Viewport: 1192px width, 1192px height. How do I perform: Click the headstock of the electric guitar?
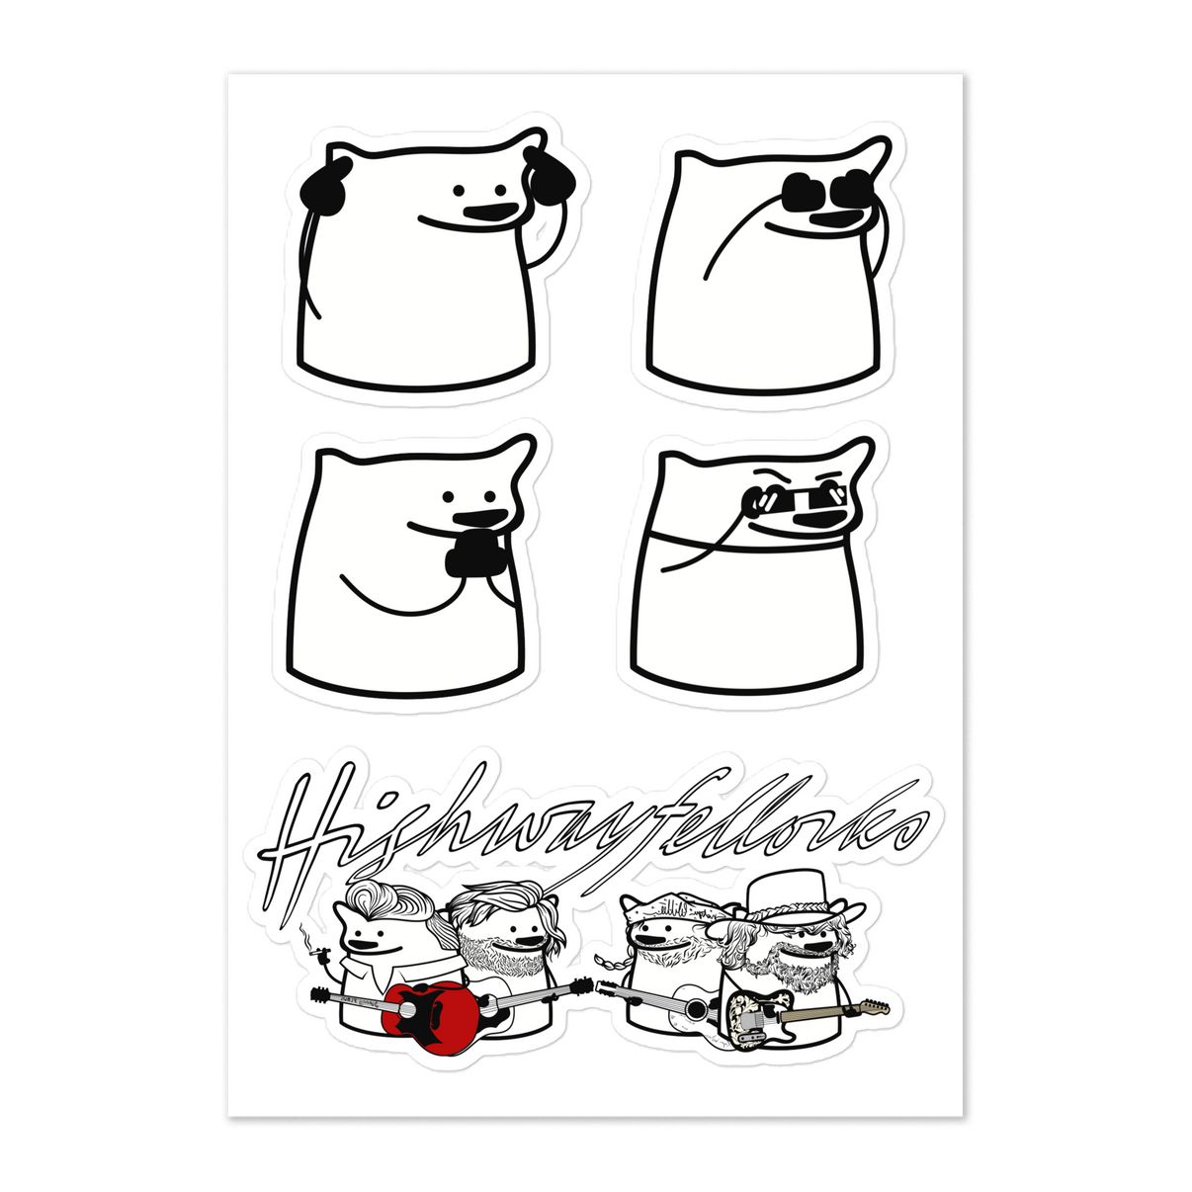[x=872, y=1009]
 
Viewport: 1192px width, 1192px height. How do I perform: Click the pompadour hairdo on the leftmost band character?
[x=386, y=898]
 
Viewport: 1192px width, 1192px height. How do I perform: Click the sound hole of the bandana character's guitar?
[x=698, y=1010]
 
